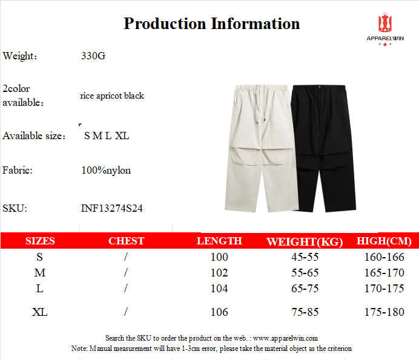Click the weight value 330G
tap(93, 56)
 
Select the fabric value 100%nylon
tap(106, 171)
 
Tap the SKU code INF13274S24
tap(111, 208)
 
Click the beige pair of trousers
tap(262, 148)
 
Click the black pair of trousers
tap(324, 148)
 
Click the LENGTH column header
tap(219, 241)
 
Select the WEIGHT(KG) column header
tap(305, 241)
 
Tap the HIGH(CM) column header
tap(384, 241)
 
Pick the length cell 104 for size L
tap(219, 289)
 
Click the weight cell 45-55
tap(305, 257)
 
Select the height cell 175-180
tap(384, 312)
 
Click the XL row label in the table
tap(40, 312)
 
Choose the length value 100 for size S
tap(219, 257)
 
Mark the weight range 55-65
tap(305, 273)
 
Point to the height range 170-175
tap(384, 289)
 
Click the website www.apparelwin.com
tap(285, 338)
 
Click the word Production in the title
tap(165, 24)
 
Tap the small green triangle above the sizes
tap(80, 125)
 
